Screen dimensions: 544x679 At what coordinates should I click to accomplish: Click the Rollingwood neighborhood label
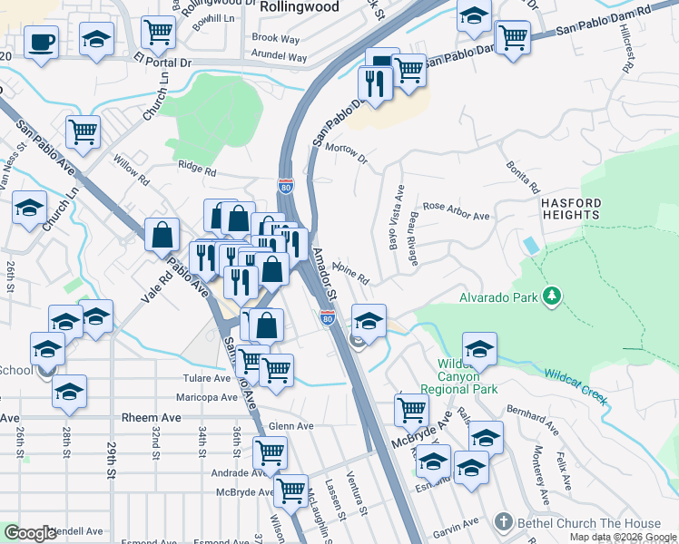tap(299, 6)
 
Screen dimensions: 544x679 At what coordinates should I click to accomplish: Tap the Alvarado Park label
tap(491, 296)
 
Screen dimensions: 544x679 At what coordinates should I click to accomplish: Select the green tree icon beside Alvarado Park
tap(550, 296)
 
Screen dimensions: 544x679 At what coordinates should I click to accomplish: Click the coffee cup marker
tap(41, 42)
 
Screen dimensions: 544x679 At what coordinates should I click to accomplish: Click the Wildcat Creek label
tap(576, 386)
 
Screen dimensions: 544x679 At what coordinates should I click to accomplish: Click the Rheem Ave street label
tap(152, 418)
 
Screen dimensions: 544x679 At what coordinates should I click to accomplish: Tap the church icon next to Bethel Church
tap(506, 523)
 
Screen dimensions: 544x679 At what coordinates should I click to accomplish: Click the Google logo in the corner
tap(30, 533)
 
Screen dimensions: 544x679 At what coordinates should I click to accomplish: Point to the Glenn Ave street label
tap(290, 426)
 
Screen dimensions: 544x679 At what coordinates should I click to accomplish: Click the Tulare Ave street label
tap(211, 378)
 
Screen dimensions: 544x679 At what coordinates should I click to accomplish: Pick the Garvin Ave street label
tap(459, 524)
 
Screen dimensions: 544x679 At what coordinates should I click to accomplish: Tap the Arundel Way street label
tap(279, 56)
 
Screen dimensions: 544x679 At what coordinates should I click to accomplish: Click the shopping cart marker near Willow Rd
tap(83, 131)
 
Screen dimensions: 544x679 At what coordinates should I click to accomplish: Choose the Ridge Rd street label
tap(197, 169)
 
